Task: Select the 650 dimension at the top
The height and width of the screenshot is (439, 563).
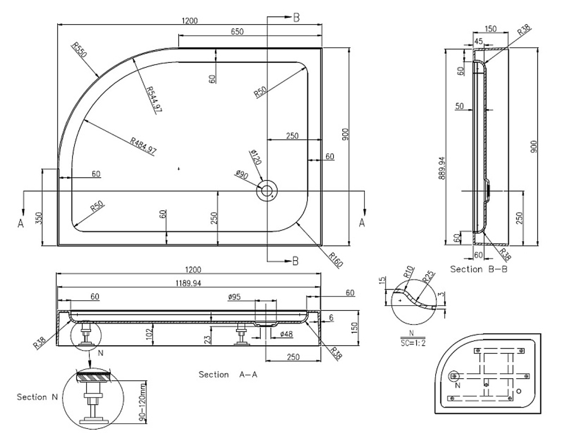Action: tap(237, 32)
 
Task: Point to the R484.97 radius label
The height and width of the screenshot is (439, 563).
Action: tap(142, 145)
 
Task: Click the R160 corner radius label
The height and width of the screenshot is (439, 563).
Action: tap(333, 259)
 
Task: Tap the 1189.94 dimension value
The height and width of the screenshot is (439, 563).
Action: tap(189, 283)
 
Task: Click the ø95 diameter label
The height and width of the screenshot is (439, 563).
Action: tap(234, 296)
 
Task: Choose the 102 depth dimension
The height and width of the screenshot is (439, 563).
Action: tap(146, 334)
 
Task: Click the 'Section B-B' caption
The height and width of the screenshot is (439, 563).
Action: tap(475, 269)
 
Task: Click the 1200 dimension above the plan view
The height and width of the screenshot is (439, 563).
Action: tap(190, 21)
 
